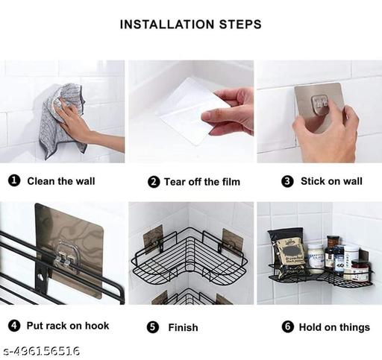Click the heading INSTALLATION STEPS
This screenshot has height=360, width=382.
tap(191, 25)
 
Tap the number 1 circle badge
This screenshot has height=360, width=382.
tap(13, 181)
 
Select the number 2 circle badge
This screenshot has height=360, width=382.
tap(154, 182)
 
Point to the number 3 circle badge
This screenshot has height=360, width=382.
tap(286, 181)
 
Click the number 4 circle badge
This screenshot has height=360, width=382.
tap(13, 326)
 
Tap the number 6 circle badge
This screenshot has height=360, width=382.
tap(286, 326)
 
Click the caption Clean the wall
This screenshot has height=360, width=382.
tap(61, 181)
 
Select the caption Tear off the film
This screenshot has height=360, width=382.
tap(202, 182)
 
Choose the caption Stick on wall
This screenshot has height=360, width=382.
tap(331, 181)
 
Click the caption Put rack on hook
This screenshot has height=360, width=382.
tap(69, 326)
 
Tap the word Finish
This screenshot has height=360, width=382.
tap(184, 327)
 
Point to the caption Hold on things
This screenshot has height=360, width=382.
tap(334, 326)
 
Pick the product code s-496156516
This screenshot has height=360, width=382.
tap(42, 351)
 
